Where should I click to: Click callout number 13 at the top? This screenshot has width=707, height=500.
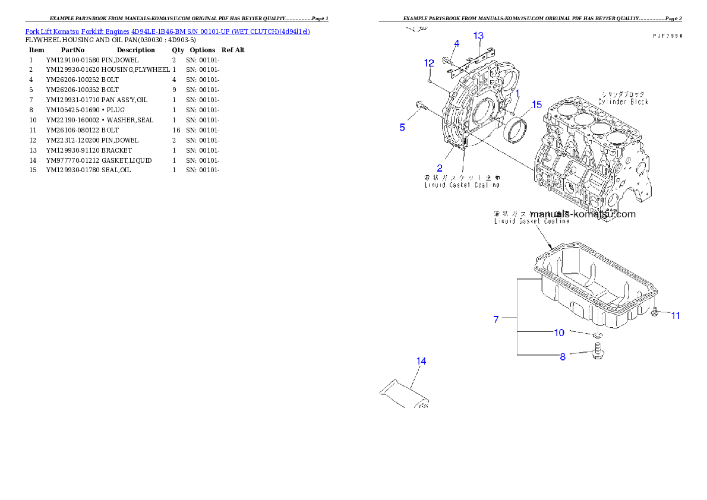pos(478,36)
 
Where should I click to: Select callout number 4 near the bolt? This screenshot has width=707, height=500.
pos(456,43)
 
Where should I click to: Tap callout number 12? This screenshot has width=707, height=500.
pos(429,63)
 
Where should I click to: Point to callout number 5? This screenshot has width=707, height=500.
pos(402,127)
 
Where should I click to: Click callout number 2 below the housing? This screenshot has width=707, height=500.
pos(440,168)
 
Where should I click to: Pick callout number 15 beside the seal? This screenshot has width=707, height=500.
pos(536,105)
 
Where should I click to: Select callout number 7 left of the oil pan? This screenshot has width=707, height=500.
pos(496,319)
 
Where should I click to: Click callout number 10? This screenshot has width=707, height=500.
pos(559,333)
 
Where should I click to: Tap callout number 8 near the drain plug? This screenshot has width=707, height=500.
pos(563,357)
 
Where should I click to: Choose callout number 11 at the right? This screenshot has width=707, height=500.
pos(676,316)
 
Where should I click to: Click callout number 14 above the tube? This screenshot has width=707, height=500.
pos(421,361)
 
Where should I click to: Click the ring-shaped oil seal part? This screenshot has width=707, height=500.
pos(516,130)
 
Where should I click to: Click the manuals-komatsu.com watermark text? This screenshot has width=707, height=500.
pos(583,214)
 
